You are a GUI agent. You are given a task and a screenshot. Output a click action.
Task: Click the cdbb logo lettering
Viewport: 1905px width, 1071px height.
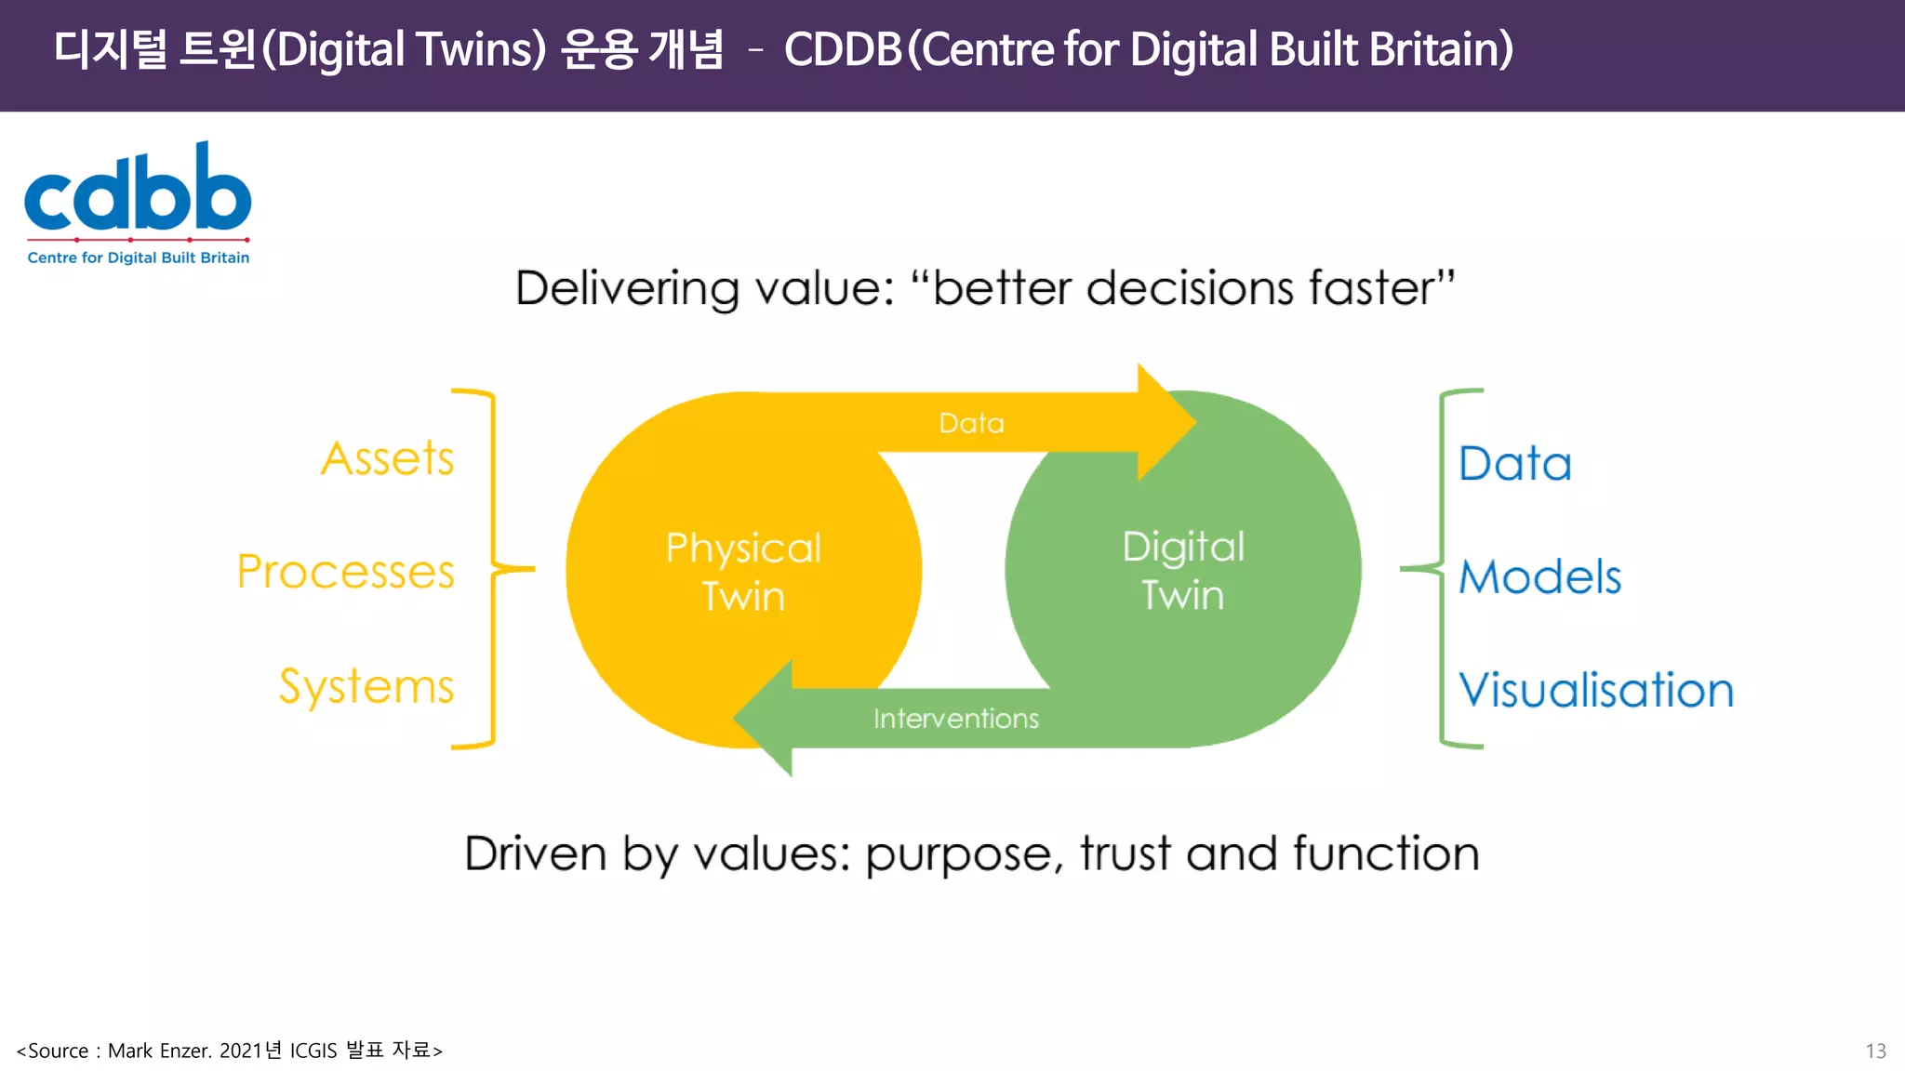(138, 191)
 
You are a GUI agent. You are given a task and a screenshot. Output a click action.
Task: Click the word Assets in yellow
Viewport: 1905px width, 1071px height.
(388, 458)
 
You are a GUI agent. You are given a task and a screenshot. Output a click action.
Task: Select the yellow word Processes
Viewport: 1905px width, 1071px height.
(346, 572)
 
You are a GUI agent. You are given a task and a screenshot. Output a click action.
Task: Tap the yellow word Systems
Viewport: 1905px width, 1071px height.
(366, 687)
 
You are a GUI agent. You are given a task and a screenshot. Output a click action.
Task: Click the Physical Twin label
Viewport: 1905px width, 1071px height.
(743, 572)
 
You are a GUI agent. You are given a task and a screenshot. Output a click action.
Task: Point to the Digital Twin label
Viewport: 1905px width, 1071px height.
(1183, 570)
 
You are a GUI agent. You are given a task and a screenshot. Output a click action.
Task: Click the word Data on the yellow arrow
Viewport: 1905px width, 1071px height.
(971, 424)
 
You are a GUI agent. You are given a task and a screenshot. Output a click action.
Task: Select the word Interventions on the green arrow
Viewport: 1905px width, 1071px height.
(955, 719)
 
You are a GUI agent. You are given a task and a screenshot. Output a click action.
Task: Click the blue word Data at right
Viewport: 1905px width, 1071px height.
(1514, 464)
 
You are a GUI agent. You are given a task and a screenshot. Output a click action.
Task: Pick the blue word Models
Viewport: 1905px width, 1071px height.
(1539, 577)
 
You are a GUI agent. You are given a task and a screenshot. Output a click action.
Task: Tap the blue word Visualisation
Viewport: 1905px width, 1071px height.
(1596, 691)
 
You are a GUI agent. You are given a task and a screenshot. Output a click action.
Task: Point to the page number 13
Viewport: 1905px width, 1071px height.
(1875, 1051)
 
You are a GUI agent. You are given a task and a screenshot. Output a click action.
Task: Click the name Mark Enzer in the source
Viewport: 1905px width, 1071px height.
(160, 1051)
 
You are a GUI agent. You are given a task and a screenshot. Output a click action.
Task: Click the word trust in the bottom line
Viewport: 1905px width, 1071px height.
(1125, 853)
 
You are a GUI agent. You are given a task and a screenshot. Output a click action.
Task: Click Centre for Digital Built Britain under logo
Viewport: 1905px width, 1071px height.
(139, 258)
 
